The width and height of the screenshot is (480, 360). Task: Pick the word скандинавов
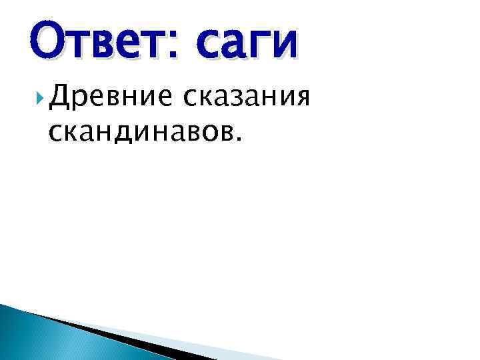[x=137, y=133]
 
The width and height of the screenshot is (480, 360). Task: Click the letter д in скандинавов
[x=115, y=134]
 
